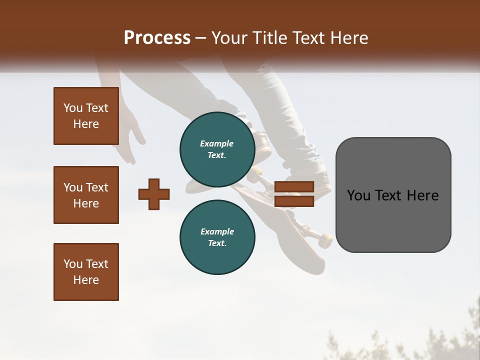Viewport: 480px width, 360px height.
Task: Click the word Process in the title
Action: click(157, 38)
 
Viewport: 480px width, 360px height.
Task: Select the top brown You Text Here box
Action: click(86, 116)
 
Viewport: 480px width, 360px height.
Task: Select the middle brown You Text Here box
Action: click(86, 195)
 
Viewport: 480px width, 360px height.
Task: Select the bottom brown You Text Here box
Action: click(86, 272)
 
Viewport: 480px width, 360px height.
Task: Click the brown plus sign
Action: click(154, 194)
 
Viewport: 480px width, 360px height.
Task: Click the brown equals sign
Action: click(294, 194)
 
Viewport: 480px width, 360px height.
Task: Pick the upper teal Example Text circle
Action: click(217, 149)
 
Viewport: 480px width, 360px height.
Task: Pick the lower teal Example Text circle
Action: click(217, 237)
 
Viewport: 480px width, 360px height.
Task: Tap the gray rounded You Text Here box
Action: click(393, 195)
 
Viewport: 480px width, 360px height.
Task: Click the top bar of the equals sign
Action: click(294, 186)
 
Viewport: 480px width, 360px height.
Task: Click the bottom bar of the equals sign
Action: click(294, 201)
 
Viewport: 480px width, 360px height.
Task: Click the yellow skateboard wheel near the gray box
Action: click(325, 240)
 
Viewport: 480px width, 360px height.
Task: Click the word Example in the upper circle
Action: click(216, 143)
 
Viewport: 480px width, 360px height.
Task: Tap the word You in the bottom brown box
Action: click(73, 264)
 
